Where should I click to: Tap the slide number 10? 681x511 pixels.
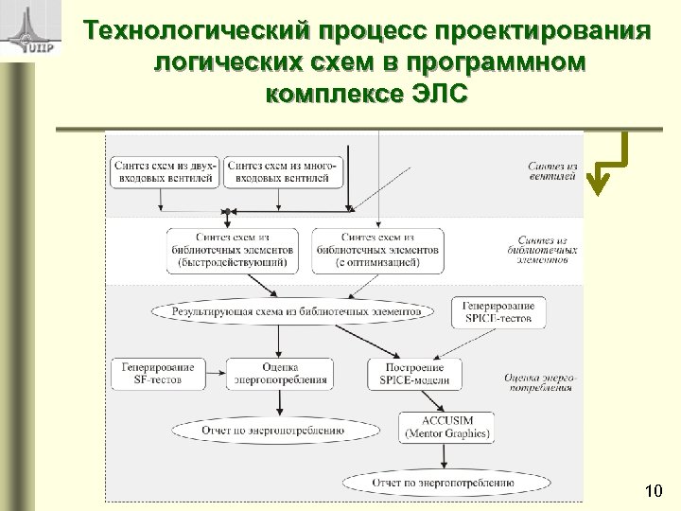(652, 490)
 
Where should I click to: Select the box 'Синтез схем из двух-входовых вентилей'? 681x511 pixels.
(165, 171)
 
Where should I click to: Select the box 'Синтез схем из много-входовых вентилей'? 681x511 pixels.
(281, 171)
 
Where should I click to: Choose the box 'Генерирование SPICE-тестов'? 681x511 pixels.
(499, 311)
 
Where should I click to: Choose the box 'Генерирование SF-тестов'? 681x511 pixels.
(157, 373)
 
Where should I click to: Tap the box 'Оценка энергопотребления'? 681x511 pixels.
(281, 373)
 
